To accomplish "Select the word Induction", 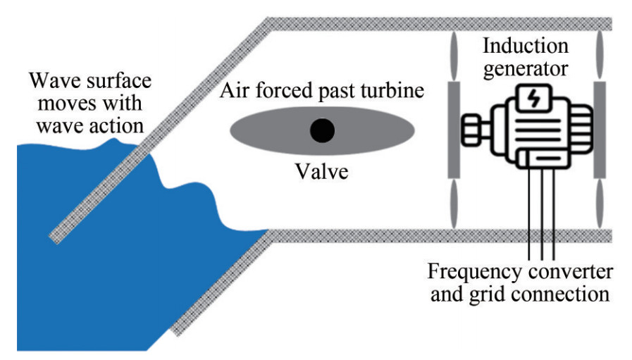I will point(526,46).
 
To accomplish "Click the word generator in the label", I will point(526,69).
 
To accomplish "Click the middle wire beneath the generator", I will point(540,211).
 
